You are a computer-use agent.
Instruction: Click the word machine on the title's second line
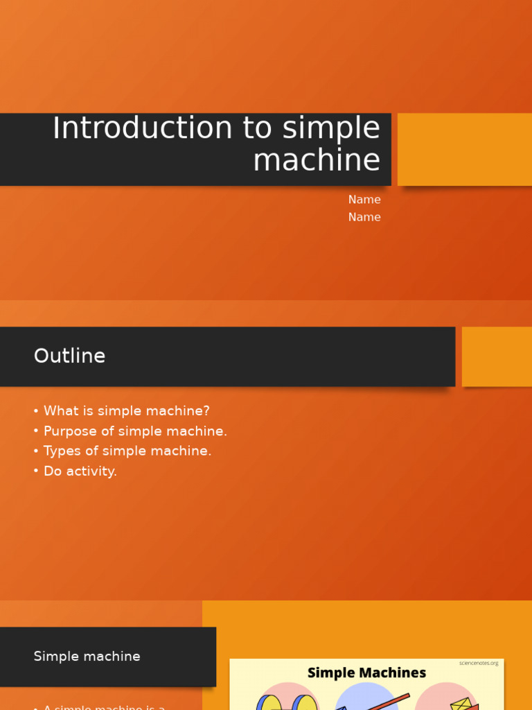(x=317, y=161)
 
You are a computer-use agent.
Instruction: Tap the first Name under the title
(x=364, y=200)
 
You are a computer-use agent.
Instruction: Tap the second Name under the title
(x=364, y=217)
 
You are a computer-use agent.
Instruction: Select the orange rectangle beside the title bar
(x=464, y=149)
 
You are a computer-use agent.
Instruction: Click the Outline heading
(x=69, y=356)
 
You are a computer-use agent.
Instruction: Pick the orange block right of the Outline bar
(x=497, y=356)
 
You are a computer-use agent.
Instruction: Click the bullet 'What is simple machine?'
(x=126, y=411)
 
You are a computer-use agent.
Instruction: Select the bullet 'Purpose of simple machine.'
(x=135, y=431)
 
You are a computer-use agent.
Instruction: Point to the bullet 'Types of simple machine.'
(x=127, y=451)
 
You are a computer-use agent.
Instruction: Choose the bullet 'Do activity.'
(x=80, y=471)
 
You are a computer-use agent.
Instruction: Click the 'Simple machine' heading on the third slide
(x=87, y=657)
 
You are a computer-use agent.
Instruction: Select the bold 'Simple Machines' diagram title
(x=366, y=673)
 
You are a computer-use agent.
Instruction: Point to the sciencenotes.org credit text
(x=478, y=663)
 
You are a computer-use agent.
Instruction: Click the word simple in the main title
(x=331, y=129)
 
